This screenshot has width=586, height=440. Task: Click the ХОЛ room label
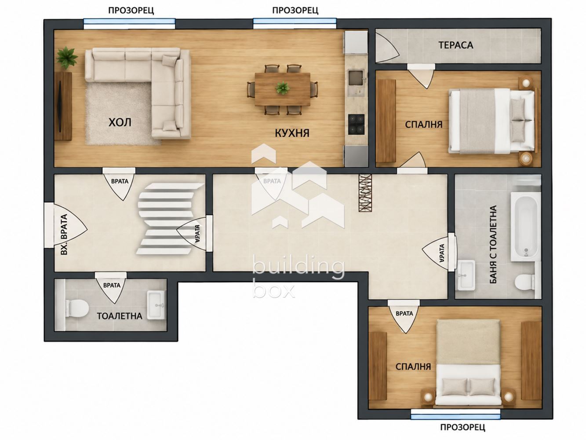coord(120,122)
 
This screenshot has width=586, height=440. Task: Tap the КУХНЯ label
coord(292,133)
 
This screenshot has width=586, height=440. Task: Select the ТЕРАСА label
coord(456,45)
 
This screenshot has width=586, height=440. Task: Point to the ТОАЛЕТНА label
coord(119,316)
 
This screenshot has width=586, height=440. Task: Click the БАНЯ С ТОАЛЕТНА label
coord(494,244)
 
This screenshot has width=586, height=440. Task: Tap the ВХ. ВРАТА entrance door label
coord(64,234)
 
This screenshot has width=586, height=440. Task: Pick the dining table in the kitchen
coord(283,89)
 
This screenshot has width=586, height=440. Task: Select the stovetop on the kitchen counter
coord(356,124)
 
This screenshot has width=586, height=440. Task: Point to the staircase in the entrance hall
coord(169,218)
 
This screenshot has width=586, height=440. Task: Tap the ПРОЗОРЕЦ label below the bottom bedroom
coord(462,427)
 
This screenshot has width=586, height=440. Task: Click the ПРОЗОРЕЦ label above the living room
coord(131,11)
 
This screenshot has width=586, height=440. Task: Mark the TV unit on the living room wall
coord(63,106)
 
